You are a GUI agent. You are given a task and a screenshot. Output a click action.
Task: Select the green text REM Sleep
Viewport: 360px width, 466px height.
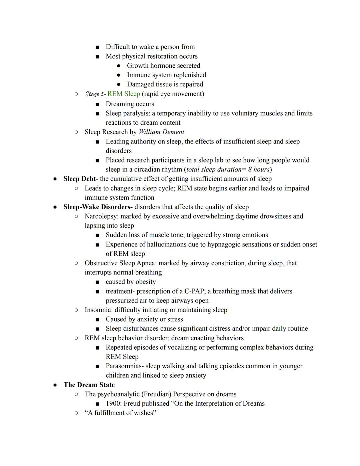123,94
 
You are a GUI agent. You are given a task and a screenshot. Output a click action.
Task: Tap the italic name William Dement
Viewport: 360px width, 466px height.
161,132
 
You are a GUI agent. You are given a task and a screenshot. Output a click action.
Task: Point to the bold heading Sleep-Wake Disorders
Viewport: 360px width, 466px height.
97,207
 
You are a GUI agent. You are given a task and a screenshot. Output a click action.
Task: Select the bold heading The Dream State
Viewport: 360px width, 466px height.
89,385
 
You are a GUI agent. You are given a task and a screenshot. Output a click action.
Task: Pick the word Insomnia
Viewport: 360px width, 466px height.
98,310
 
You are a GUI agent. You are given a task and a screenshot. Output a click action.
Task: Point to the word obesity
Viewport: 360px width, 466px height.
144,282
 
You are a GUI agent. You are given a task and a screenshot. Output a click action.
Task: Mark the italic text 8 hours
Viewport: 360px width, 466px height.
259,169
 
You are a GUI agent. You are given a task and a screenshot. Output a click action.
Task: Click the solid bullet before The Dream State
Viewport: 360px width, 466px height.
55,385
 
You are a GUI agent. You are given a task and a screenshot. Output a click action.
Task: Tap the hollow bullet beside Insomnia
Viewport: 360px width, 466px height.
76,310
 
